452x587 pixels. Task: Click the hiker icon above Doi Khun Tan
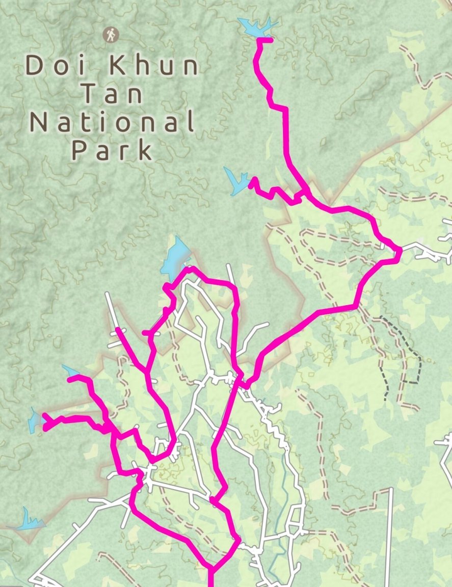pyautogui.click(x=110, y=35)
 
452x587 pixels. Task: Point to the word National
pyautogui.click(x=112, y=122)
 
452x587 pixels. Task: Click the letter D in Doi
pyautogui.click(x=34, y=66)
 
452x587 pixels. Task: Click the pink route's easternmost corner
pyautogui.click(x=400, y=250)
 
